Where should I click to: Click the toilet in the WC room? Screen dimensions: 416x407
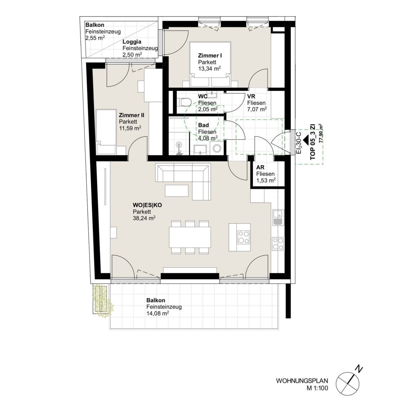185,102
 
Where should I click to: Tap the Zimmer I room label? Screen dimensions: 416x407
210,56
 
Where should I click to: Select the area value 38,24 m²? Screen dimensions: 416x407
144,218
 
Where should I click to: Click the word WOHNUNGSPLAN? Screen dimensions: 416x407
302,381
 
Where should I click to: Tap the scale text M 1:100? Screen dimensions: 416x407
317,388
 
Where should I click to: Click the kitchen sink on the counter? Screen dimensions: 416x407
278,217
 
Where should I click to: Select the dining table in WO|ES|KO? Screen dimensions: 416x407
190,237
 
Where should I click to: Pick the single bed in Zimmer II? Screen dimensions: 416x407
106,131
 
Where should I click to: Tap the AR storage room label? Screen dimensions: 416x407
260,168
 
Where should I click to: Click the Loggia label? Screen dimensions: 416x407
132,42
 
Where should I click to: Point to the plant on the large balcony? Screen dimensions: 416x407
103,301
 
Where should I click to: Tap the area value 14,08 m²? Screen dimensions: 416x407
157,313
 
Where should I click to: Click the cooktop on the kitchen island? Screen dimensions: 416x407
243,237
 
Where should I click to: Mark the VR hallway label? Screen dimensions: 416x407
251,96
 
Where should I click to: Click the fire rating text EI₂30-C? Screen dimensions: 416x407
299,143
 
